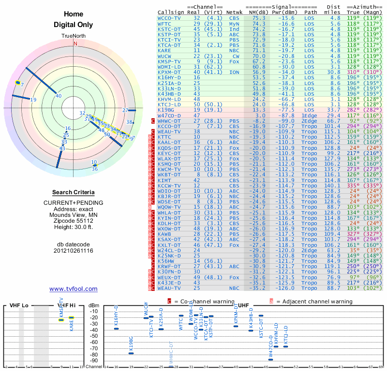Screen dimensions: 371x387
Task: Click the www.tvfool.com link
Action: (x=74, y=289)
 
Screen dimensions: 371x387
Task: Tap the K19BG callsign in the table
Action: (x=167, y=110)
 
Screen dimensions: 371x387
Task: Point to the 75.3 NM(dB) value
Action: (x=259, y=18)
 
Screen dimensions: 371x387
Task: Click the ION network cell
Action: (x=235, y=72)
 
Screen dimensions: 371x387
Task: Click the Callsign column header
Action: (x=171, y=12)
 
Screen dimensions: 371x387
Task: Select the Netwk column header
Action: (x=235, y=12)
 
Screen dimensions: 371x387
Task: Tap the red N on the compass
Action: (x=75, y=43)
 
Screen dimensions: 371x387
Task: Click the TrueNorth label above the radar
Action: (x=74, y=36)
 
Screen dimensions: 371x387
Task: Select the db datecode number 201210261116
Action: (x=74, y=251)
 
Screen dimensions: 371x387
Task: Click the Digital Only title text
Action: (x=74, y=25)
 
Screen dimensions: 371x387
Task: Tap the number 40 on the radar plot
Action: (x=59, y=96)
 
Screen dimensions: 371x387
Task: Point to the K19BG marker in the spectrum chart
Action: (x=131, y=353)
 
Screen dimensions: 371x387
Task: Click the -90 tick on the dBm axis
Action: (x=95, y=360)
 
